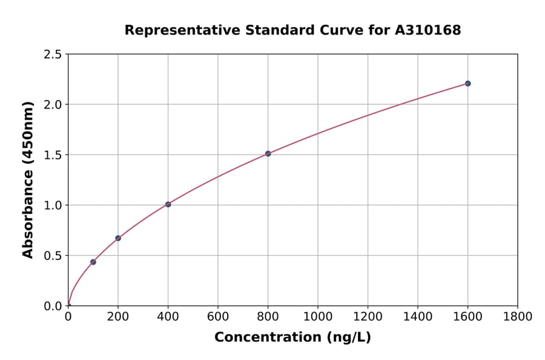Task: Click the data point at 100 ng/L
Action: point(93,262)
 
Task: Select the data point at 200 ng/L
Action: point(118,238)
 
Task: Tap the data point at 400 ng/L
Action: point(168,204)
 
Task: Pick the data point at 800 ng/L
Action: point(268,153)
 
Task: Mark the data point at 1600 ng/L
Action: point(467,83)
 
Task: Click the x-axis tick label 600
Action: point(218,317)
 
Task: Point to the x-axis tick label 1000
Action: point(318,317)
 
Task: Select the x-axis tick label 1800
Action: point(517,317)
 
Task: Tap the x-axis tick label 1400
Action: point(417,317)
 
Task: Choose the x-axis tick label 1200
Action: point(368,317)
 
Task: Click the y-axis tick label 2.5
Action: point(53,55)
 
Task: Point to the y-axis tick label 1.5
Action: point(53,155)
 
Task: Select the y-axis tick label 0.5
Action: point(53,256)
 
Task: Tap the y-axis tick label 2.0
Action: point(53,105)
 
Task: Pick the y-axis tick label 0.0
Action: point(53,306)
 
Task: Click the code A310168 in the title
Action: point(428,30)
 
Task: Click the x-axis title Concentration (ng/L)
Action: point(292,338)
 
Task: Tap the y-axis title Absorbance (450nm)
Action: point(28,179)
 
